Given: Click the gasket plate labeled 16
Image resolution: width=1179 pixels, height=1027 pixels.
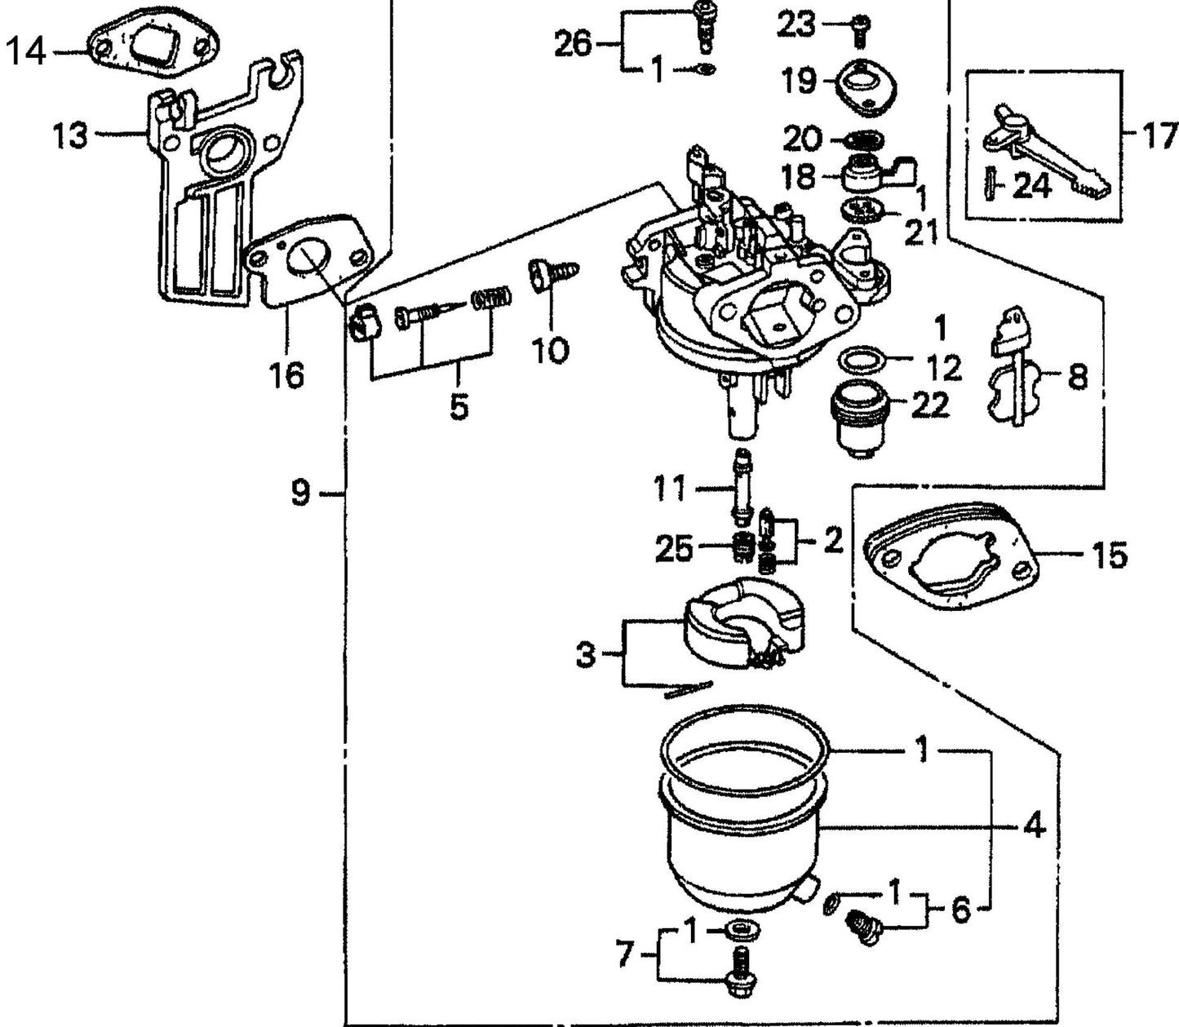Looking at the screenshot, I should (309, 257).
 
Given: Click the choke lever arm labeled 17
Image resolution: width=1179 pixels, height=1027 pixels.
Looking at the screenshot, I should (1044, 155).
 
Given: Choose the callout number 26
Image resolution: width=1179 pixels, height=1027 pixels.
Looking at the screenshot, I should (573, 44).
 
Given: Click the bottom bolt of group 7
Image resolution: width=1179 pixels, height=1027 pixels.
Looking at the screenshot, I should (741, 978).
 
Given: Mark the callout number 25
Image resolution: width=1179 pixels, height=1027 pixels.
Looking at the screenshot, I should (675, 550).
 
